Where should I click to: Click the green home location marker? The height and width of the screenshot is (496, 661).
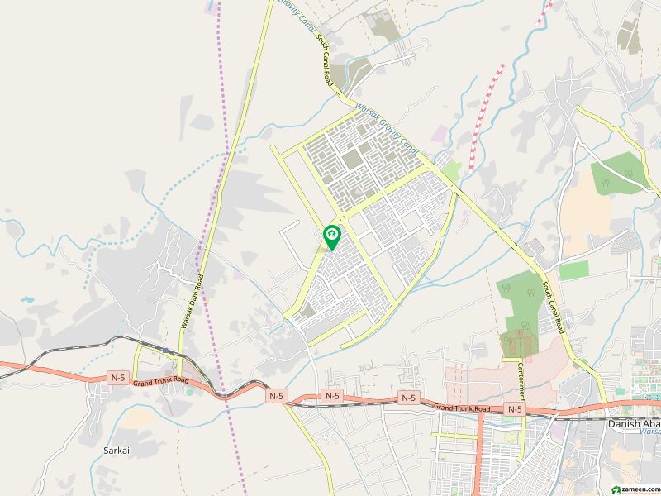[331, 237]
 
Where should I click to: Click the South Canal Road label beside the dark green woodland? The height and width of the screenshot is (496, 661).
[552, 306]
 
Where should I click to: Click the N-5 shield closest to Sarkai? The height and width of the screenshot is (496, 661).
[119, 377]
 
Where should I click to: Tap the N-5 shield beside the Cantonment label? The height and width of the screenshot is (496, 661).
[515, 409]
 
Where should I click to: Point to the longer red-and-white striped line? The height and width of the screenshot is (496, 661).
[486, 116]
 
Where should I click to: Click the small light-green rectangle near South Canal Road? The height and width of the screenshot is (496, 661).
[573, 270]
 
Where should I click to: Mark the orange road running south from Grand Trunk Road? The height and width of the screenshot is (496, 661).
[479, 455]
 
